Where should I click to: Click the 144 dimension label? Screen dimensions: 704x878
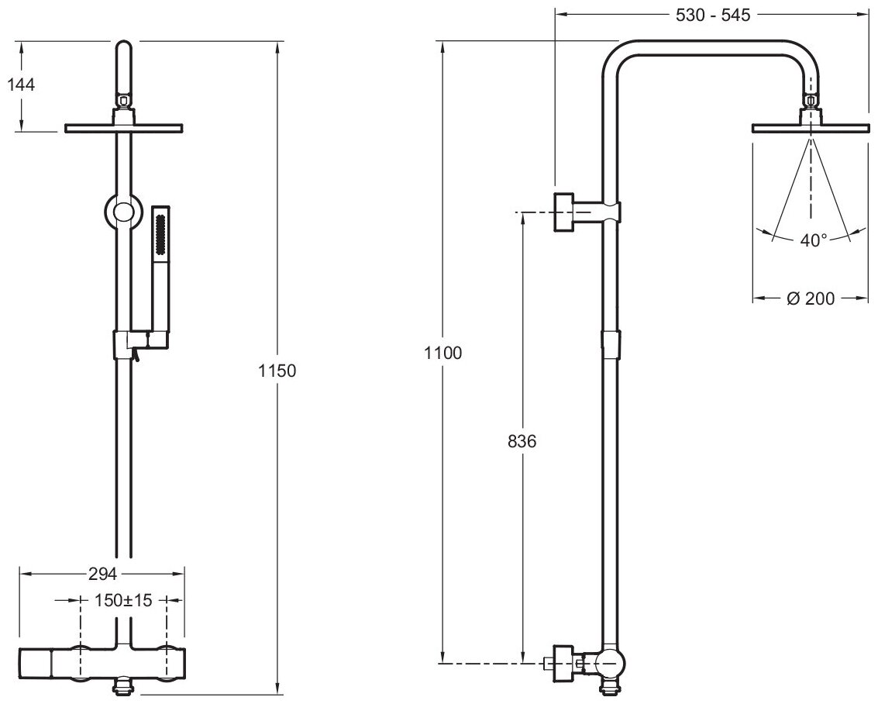click(21, 85)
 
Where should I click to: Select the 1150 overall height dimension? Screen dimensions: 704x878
click(277, 371)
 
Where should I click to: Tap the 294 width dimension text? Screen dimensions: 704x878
click(102, 575)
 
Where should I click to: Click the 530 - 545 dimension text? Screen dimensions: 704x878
click(711, 15)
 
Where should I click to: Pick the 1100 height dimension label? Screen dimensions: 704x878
click(442, 353)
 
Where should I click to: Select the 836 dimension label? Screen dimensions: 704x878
click(522, 441)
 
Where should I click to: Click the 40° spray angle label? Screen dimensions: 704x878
click(814, 240)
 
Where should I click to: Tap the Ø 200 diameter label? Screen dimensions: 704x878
click(811, 299)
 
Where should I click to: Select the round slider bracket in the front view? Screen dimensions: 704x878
click(123, 212)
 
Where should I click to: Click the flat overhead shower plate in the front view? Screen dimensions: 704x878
click(124, 127)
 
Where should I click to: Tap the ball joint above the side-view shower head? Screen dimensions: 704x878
click(811, 100)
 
